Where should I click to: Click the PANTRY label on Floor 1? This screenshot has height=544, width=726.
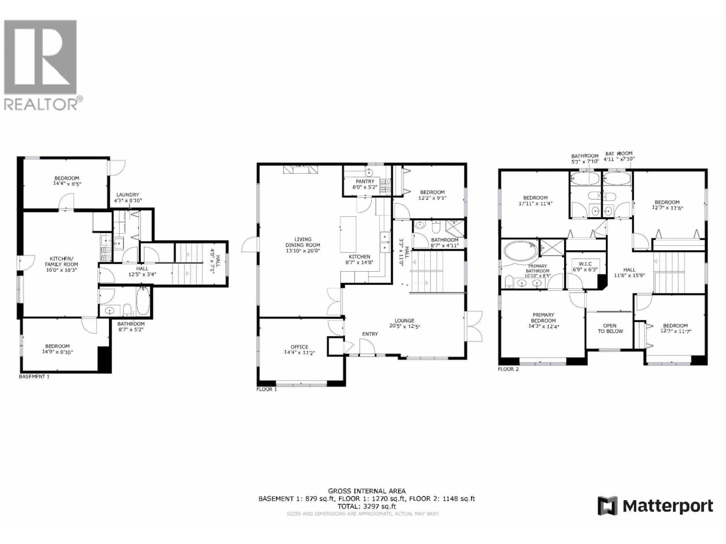[x=365, y=181]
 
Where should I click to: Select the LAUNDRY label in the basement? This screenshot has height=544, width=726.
[x=128, y=194]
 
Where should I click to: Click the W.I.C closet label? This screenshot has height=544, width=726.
[x=585, y=264]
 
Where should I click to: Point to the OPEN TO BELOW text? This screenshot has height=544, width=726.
[x=610, y=328]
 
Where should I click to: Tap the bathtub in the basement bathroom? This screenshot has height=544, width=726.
[x=143, y=301]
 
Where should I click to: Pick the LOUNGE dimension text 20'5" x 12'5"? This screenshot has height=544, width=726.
[x=404, y=326]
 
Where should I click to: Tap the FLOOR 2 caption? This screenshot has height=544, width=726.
[x=508, y=369]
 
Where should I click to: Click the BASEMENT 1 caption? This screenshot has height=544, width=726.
[x=34, y=376]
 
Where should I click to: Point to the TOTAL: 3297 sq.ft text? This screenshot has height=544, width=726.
[x=367, y=506]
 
